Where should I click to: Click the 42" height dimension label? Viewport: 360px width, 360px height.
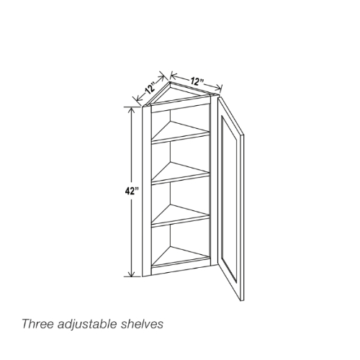[132, 192]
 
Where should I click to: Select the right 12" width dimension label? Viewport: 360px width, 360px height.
[197, 81]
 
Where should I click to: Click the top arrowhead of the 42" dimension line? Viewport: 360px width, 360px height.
[131, 110]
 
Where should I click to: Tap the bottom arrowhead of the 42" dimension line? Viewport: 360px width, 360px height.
[131, 274]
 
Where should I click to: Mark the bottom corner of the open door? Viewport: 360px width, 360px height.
[240, 300]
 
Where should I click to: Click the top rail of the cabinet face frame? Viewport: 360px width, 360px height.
[181, 106]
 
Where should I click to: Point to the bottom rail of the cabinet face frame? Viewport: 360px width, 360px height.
[181, 269]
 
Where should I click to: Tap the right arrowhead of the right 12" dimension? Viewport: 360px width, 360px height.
[219, 88]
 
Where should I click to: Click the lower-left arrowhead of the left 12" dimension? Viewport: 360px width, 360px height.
[138, 99]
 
